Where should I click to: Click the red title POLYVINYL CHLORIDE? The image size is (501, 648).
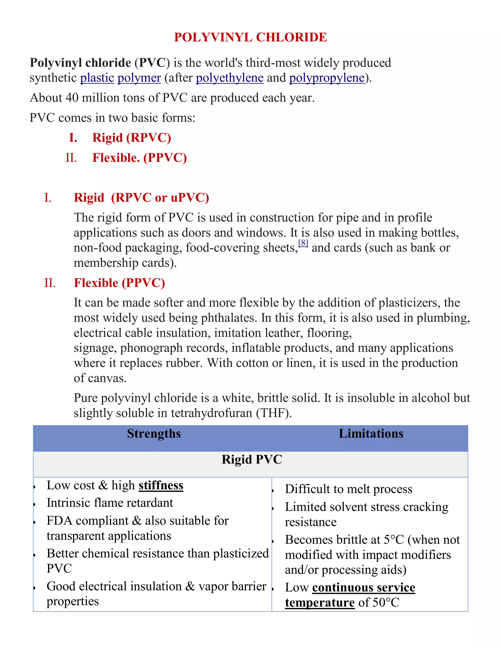(x=250, y=37)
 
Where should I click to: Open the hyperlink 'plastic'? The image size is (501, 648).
(x=97, y=78)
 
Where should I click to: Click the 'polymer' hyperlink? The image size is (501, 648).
(x=139, y=78)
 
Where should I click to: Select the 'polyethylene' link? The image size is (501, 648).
(x=229, y=78)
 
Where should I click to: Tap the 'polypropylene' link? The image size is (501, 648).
(x=327, y=78)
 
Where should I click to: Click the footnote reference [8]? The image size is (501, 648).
(x=303, y=243)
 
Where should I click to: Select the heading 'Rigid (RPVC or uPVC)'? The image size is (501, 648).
(x=141, y=198)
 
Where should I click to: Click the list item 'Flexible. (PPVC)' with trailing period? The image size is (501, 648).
(x=139, y=158)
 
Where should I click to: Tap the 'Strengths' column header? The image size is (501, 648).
(x=154, y=434)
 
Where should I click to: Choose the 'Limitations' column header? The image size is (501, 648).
(x=371, y=434)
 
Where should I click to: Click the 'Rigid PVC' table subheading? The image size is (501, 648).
(x=252, y=459)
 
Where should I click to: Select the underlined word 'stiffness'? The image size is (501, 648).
(x=161, y=485)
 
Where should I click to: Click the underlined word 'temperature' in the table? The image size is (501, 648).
(x=320, y=603)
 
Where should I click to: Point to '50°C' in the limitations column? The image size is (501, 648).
(x=386, y=603)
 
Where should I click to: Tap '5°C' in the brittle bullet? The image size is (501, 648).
(x=394, y=540)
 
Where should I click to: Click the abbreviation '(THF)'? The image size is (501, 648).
(x=274, y=413)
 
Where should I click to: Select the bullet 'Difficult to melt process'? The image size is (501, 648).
(x=348, y=489)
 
